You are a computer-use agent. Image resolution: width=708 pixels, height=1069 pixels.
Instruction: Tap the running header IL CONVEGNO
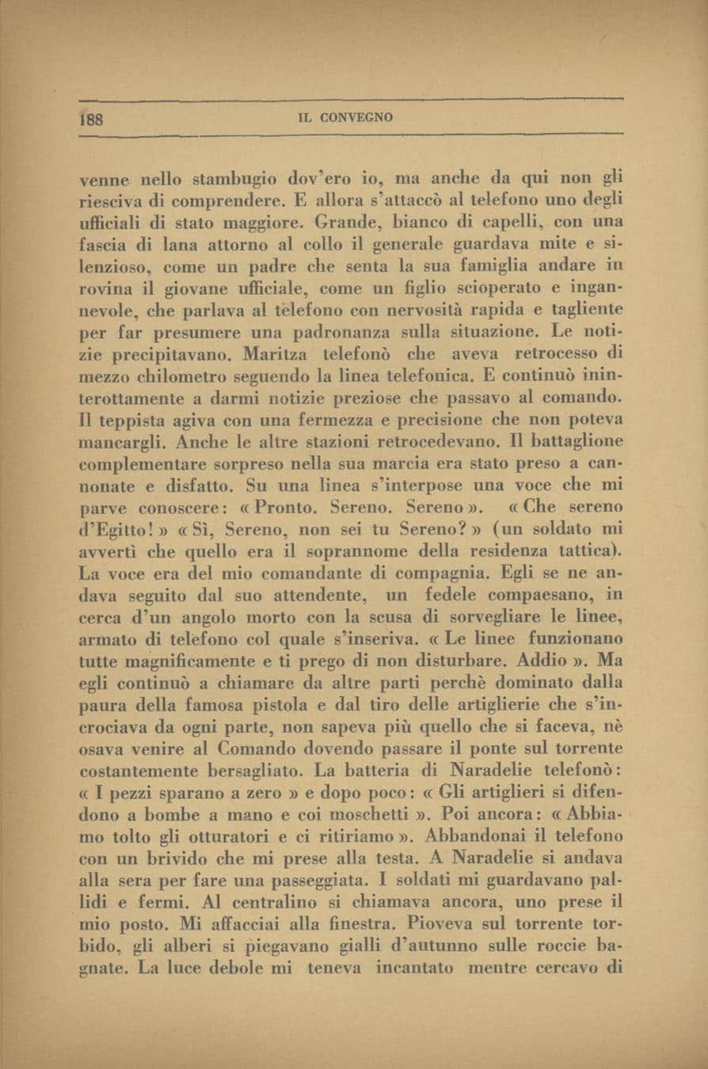(344, 118)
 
